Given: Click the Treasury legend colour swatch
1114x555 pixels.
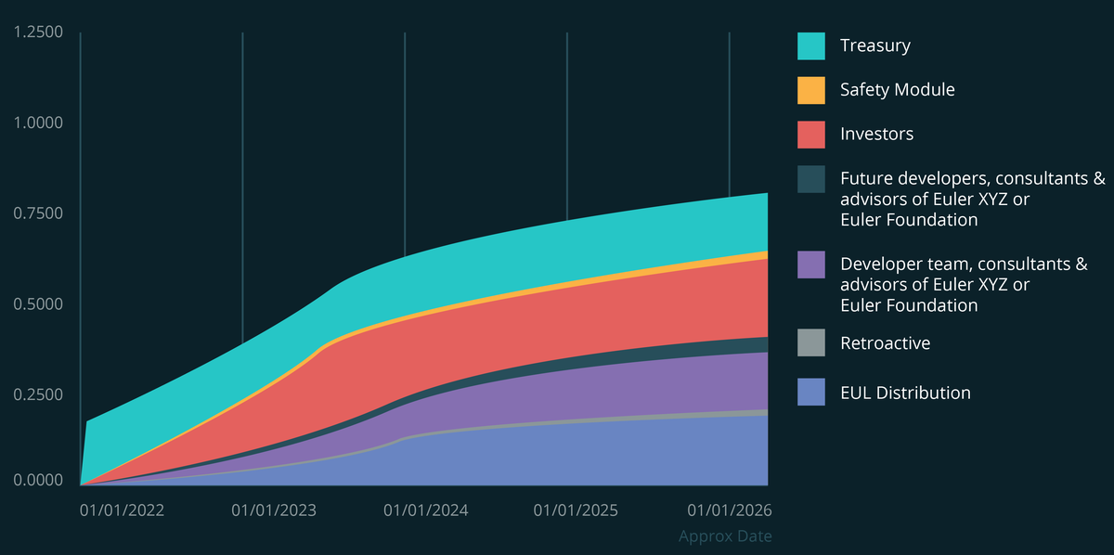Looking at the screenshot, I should [810, 45].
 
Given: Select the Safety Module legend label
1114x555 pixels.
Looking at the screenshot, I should [897, 90].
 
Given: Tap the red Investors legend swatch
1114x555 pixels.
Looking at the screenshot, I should [810, 134].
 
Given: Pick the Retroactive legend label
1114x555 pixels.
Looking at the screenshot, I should [885, 343].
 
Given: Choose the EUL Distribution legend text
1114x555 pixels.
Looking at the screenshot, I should [905, 393].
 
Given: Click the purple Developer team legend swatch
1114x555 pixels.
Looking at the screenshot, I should [810, 265].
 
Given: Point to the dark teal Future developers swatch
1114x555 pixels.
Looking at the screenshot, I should [810, 179].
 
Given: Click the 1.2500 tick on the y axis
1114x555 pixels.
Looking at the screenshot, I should [38, 32].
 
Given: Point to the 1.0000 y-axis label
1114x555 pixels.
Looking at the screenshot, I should [38, 123].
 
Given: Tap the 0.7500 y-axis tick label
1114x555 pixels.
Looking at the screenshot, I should [38, 213].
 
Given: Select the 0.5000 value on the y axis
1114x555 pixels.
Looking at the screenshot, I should [38, 304].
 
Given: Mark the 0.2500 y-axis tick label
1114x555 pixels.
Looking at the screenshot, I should [38, 394].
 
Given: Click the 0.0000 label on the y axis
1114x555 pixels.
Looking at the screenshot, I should [38, 481].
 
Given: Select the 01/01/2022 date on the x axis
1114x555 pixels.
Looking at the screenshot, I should [122, 510].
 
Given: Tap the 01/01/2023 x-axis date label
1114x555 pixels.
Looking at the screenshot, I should [274, 510].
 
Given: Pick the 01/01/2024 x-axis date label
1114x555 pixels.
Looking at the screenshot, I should [426, 510].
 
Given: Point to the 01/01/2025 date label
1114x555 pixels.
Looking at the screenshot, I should [576, 510].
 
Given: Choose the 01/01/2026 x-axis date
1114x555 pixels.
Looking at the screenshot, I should [729, 510].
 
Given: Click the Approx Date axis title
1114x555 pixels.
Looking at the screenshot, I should [725, 536].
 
